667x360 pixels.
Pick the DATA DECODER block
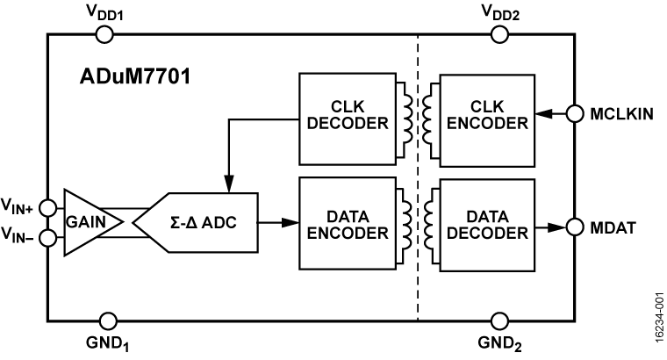pyautogui.click(x=485, y=223)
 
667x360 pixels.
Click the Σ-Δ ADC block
pyautogui.click(x=201, y=223)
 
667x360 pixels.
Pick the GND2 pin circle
pyautogui.click(x=498, y=321)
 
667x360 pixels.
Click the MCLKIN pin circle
pyautogui.click(x=575, y=114)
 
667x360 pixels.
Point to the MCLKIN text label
pyautogui.click(x=622, y=114)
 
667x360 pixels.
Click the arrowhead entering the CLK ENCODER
pyautogui.click(x=544, y=114)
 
